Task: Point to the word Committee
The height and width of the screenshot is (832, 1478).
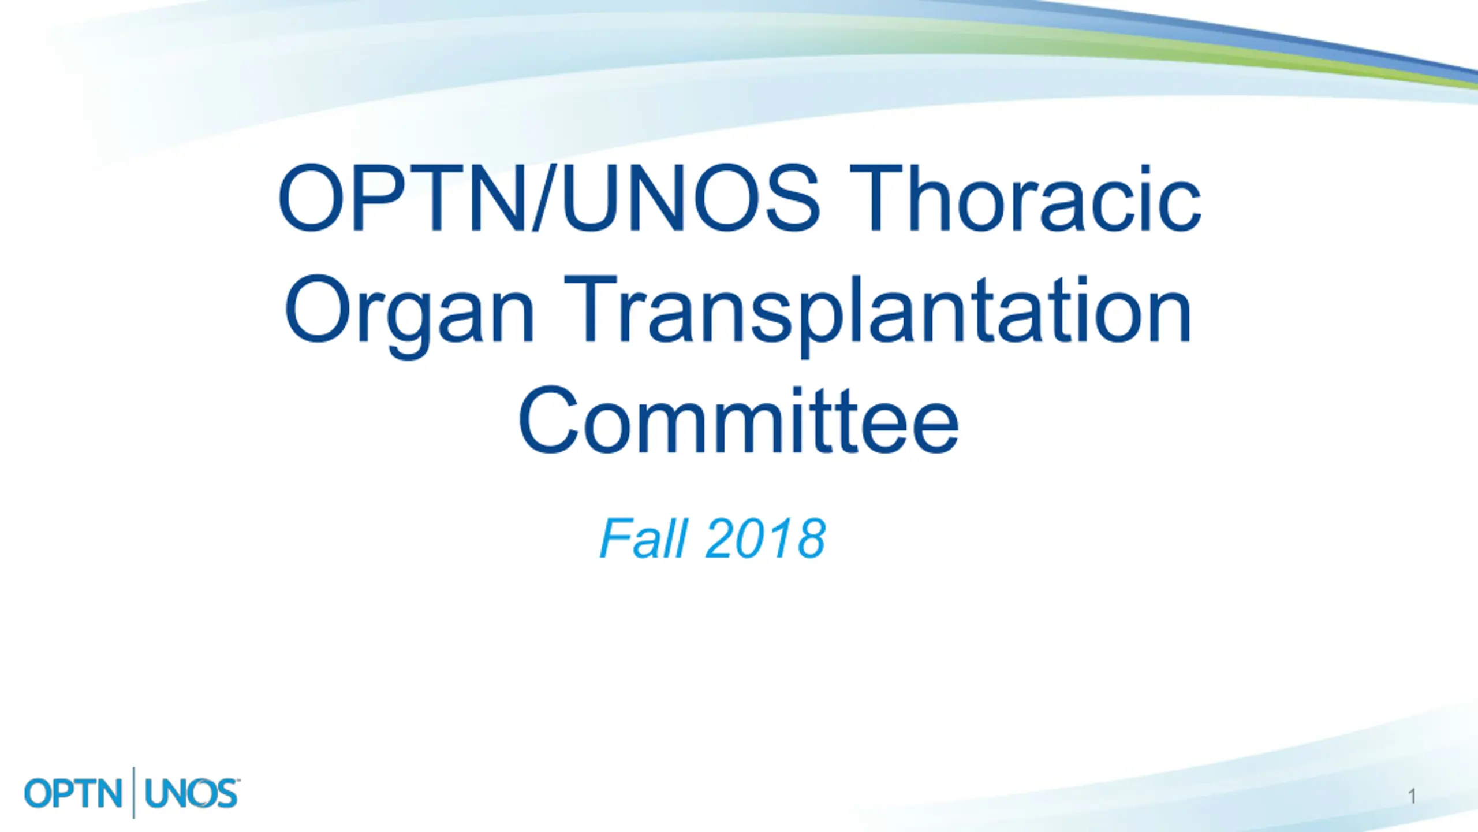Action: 738,419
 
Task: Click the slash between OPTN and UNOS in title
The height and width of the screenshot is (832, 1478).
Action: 543,198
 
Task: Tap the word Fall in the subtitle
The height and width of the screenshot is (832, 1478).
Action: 644,538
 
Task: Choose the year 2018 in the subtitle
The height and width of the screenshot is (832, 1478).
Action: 766,538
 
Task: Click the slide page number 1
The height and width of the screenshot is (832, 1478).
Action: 1412,797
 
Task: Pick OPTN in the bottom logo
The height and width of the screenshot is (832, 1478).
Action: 73,793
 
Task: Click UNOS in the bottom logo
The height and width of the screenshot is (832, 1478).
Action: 191,793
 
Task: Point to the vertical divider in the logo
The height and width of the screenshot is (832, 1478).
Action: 134,793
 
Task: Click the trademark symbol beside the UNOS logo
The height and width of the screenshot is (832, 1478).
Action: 238,780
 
